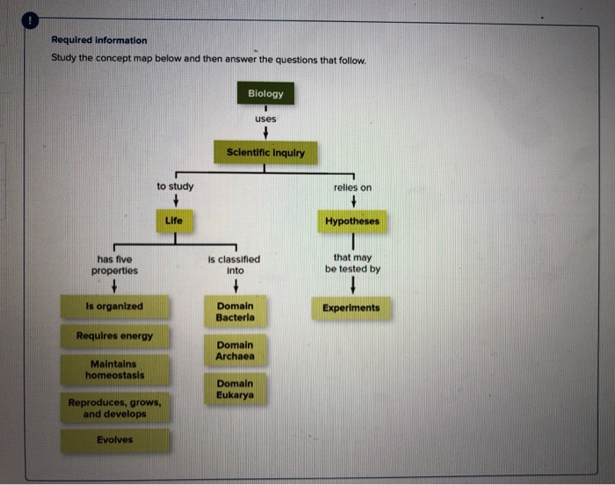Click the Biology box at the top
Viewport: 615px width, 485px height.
coord(265,93)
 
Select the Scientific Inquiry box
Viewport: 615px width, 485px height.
coord(265,152)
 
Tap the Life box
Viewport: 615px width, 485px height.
coord(174,221)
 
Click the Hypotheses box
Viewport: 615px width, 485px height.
coord(352,221)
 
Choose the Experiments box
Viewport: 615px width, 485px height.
coord(351,308)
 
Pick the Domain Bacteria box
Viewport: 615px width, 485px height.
coord(235,311)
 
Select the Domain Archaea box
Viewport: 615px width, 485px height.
coord(235,351)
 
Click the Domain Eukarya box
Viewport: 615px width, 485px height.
coord(235,389)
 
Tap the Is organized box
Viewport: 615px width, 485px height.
coord(114,307)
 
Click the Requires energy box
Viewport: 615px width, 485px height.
coord(114,337)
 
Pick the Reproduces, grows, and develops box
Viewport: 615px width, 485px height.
coord(115,408)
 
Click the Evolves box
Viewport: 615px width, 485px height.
coord(114,439)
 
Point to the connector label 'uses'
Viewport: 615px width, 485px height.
coord(265,119)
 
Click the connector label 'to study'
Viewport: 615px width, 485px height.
coord(176,186)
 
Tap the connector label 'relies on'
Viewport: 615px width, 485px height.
coord(352,187)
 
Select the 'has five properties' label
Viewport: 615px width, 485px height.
coord(114,264)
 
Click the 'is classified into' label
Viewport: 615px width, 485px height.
coord(234,264)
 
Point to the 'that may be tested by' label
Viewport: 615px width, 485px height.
coord(352,264)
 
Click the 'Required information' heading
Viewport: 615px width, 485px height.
coord(99,40)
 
